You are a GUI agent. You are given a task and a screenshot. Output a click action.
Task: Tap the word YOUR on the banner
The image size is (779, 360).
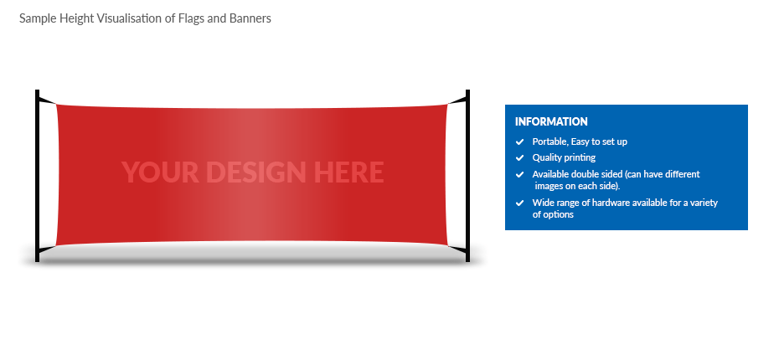[x=160, y=172]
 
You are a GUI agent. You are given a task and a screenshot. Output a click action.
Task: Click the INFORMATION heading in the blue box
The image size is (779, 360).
[x=551, y=121]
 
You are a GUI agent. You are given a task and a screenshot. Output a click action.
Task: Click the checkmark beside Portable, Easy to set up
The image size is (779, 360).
[x=519, y=142]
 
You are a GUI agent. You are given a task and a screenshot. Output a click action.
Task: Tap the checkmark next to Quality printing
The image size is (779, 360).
[x=519, y=158]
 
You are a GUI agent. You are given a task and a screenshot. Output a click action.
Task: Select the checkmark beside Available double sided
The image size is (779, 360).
[x=519, y=175]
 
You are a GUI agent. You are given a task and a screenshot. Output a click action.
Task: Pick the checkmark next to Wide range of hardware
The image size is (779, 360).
[x=519, y=203]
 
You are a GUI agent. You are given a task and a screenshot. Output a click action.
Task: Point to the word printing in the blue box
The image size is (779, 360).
[x=580, y=158]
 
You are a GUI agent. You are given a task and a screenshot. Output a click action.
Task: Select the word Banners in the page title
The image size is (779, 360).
[x=250, y=18]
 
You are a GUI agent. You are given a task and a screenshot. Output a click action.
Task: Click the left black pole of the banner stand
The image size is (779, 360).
[x=37, y=175]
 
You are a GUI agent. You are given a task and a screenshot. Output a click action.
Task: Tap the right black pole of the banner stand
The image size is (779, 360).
[x=467, y=175]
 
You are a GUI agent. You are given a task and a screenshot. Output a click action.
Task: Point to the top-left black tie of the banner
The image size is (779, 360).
[x=48, y=100]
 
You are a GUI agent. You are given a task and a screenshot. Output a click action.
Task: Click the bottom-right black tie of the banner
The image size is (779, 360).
[x=457, y=249]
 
